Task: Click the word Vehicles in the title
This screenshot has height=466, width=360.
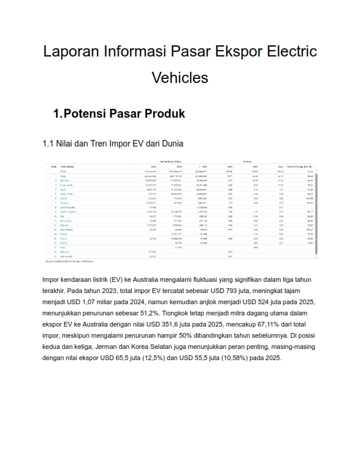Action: point(180,77)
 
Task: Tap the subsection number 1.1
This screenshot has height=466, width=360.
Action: point(49,143)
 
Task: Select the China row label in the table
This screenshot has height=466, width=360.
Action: point(63,176)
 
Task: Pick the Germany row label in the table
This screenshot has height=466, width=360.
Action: point(65,180)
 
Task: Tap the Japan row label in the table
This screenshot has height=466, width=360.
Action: point(63,189)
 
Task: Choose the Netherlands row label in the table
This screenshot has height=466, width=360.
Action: point(66,256)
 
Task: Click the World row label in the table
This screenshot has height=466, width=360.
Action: point(63,171)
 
